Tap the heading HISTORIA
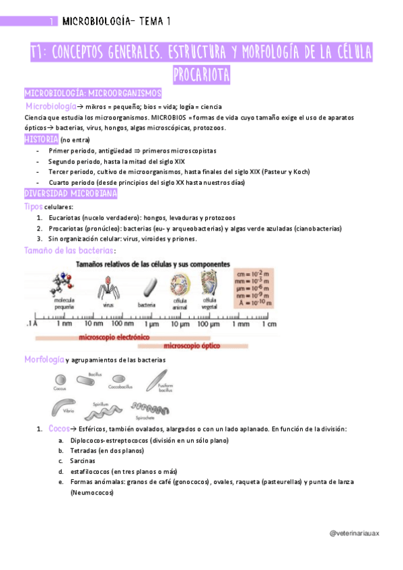point(41,139)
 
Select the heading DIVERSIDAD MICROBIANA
point(71,194)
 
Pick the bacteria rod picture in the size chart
point(147,286)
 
